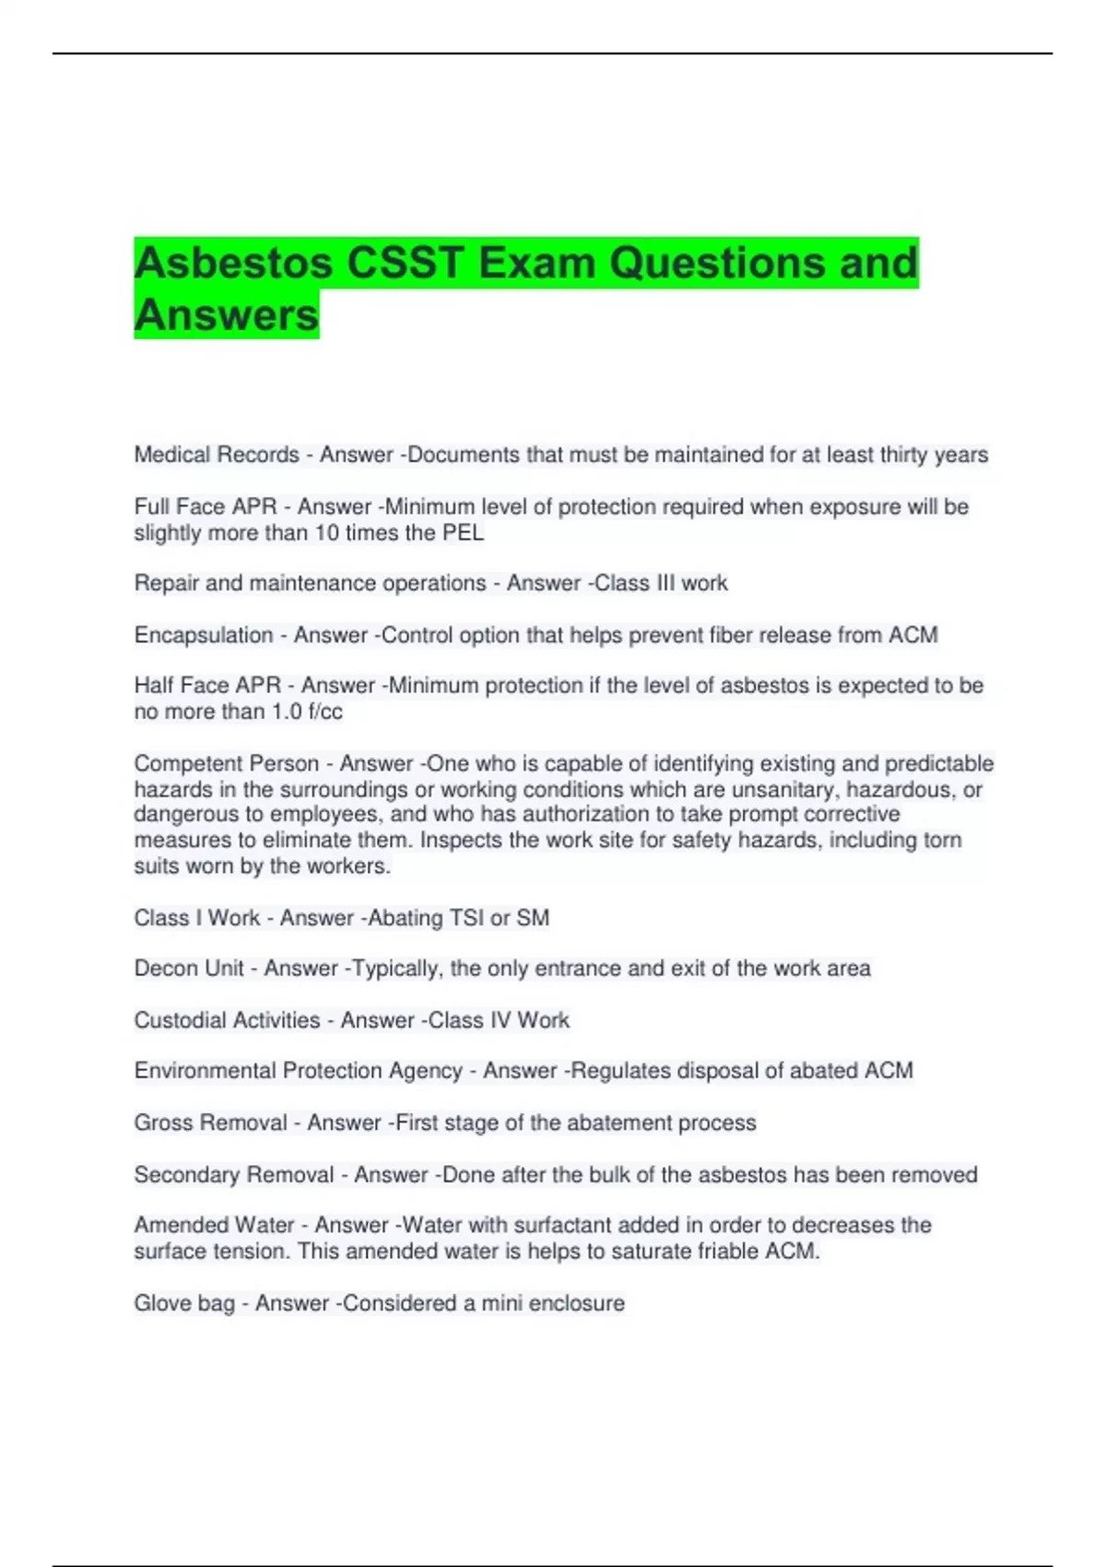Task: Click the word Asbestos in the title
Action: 233,263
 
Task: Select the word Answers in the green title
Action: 227,314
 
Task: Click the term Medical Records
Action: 217,454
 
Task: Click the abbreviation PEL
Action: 464,533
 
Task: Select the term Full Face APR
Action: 205,507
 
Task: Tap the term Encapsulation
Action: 204,635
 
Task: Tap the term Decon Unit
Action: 189,968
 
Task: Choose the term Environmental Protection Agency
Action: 298,1070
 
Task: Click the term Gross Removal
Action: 210,1123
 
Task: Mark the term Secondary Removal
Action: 234,1174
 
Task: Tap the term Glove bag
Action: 184,1303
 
